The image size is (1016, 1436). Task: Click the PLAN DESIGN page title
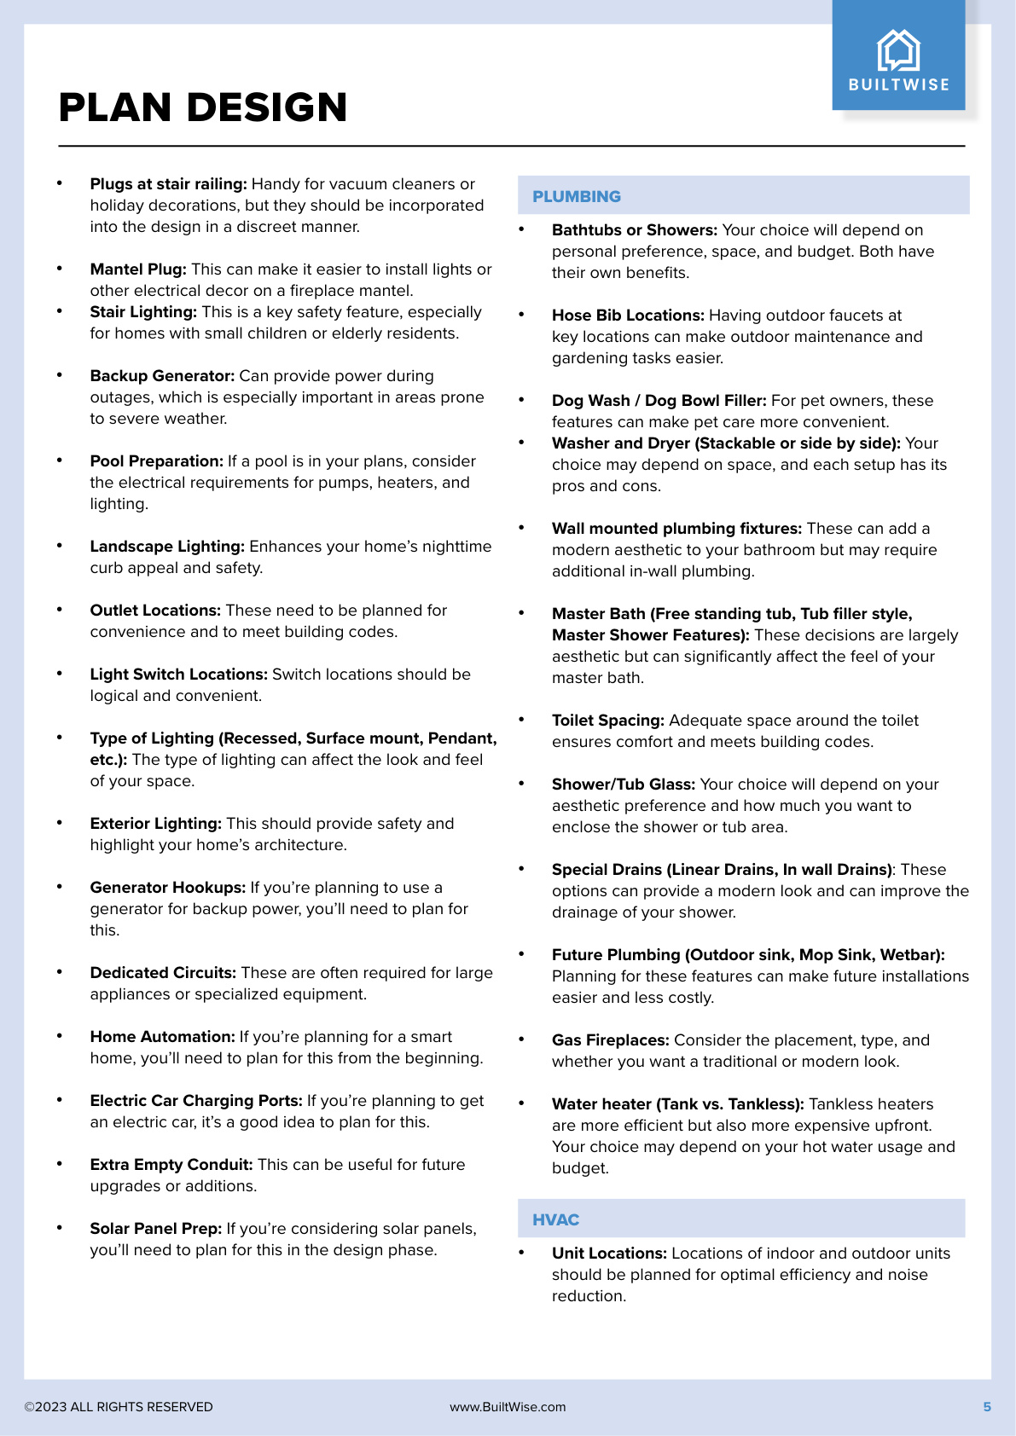[x=203, y=107]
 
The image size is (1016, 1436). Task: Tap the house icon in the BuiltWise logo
[x=898, y=50]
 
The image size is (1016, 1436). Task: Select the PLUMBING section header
[x=577, y=196]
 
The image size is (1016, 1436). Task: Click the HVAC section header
[x=555, y=1219]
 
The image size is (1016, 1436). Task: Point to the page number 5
[x=987, y=1407]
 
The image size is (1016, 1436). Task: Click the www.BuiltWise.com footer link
[x=508, y=1407]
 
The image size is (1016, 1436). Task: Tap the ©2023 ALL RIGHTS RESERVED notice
[x=119, y=1407]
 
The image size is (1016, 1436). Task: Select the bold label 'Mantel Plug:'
[x=138, y=269]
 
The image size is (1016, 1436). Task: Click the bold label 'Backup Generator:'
[x=162, y=376]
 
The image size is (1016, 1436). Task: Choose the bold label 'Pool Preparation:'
[x=156, y=461]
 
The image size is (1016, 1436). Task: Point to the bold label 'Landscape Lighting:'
[x=167, y=547]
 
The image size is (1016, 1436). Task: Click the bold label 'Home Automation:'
[x=162, y=1037]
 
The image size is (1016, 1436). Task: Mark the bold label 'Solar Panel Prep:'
[x=155, y=1229]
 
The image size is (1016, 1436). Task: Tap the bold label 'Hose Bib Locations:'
[x=628, y=316]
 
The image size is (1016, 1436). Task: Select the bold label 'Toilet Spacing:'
[x=607, y=721]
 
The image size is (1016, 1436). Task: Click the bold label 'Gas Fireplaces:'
[x=610, y=1040]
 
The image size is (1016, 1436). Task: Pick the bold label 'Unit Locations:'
[x=609, y=1254]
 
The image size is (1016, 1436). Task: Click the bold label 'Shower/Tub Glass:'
[x=624, y=785]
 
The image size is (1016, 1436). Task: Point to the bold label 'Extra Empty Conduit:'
[x=171, y=1165]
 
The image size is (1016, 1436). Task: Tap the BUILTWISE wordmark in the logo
[x=898, y=84]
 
